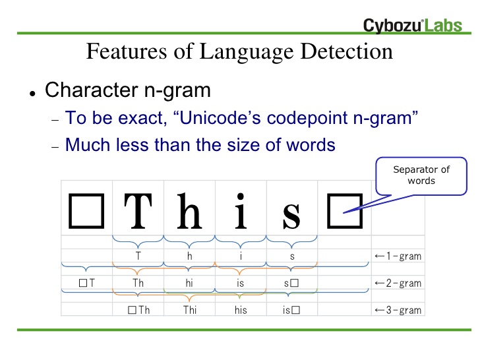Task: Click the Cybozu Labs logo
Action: click(x=412, y=25)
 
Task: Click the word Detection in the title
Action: click(x=347, y=51)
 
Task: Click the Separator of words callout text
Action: click(x=421, y=175)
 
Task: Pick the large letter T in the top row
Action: click(x=138, y=211)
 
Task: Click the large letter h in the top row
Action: click(x=189, y=211)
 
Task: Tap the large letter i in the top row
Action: click(x=241, y=211)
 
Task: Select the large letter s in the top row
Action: click(x=291, y=216)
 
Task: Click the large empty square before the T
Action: click(x=86, y=211)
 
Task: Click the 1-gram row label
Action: click(x=398, y=256)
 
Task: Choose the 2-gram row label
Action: click(x=398, y=283)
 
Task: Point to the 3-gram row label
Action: click(x=398, y=310)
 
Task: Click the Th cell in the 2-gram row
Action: click(x=138, y=283)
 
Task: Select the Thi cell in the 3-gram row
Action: click(x=190, y=310)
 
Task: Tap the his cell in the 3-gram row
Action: click(x=241, y=310)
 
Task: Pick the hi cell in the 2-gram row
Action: click(x=189, y=283)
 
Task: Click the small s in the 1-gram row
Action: click(x=292, y=256)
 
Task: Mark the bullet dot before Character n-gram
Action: click(x=33, y=94)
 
